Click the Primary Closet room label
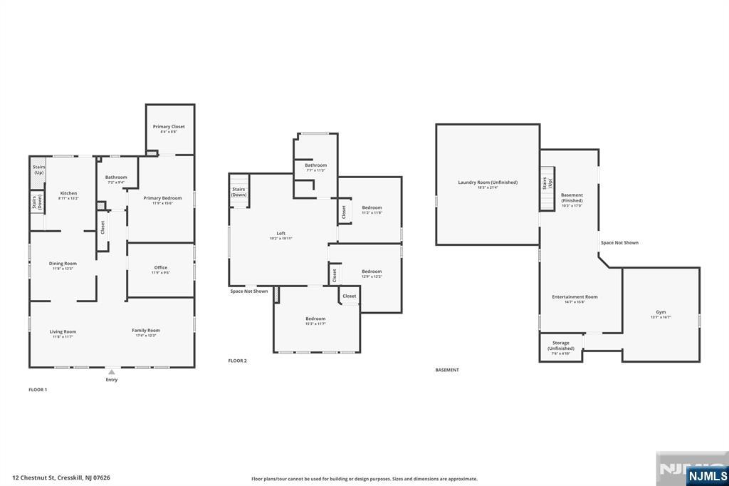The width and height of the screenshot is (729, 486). (169, 127)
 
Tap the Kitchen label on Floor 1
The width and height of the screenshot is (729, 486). (68, 194)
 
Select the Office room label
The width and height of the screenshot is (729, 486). (161, 269)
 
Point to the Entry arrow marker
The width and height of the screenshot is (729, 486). (111, 372)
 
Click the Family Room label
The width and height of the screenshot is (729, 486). (146, 331)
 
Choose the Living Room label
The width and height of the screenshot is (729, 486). (63, 331)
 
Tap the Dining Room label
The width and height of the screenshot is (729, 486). (63, 264)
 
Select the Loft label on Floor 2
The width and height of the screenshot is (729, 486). (280, 234)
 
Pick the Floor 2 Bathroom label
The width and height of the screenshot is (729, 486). (315, 165)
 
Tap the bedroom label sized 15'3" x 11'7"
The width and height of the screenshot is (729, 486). (315, 319)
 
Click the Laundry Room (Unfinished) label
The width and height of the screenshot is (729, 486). (488, 183)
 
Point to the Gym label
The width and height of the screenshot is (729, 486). (661, 313)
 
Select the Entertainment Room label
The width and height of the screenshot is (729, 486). (575, 297)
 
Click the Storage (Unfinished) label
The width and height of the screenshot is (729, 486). (560, 346)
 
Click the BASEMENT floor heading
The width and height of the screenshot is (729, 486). (447, 370)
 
